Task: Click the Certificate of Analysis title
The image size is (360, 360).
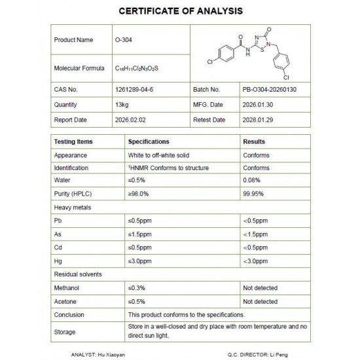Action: (179, 11)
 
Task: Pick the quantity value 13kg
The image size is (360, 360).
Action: (122, 104)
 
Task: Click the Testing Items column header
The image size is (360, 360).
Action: (73, 141)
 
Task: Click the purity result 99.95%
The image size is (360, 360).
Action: (253, 194)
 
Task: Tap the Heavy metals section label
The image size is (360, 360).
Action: (73, 207)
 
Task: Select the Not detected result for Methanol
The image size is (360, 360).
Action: (260, 288)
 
